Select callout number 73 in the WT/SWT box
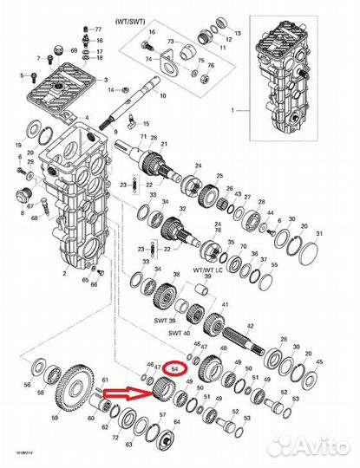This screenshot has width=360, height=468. (172, 42)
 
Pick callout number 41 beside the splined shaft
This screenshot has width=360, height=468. (225, 307)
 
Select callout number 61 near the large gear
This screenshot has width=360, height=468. (105, 380)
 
